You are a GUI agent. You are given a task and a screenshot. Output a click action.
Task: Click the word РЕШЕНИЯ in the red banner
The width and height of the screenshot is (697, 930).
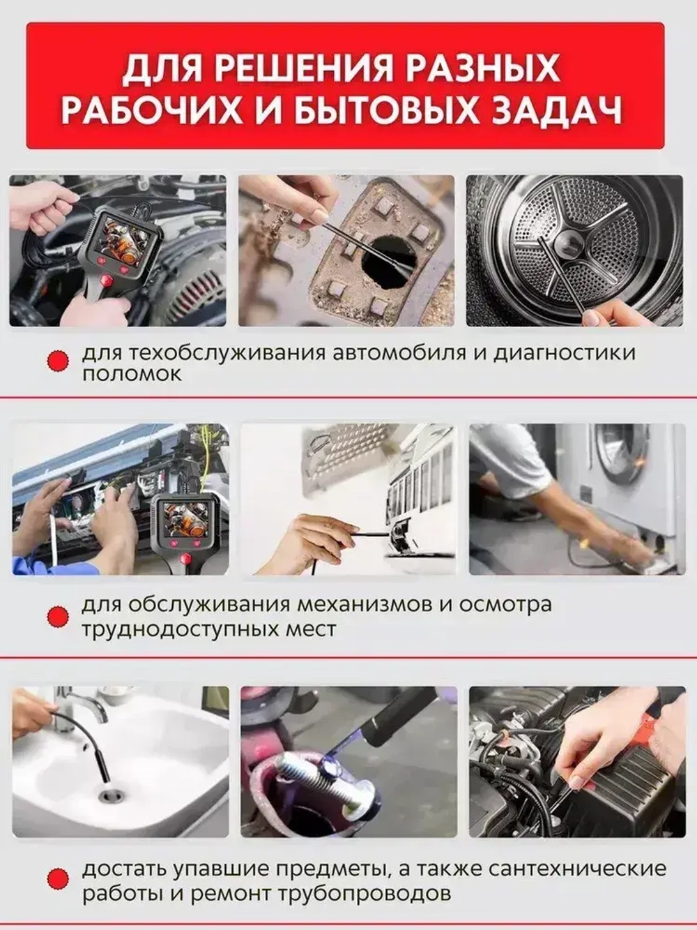click(x=309, y=69)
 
